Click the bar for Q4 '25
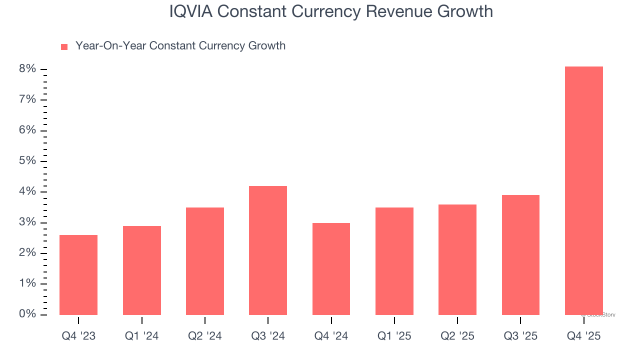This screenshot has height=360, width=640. [583, 190]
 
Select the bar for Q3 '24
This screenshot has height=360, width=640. [268, 250]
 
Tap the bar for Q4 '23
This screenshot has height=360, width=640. [78, 274]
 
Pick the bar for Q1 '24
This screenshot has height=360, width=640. [142, 270]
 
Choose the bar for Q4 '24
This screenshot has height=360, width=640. [331, 268]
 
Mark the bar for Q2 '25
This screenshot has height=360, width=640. [457, 259]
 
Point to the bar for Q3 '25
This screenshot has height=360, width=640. [520, 254]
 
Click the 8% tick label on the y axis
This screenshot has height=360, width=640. [28, 69]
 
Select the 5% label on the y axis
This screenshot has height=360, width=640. [28, 161]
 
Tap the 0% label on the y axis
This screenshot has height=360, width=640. [28, 314]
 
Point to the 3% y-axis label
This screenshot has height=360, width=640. [28, 222]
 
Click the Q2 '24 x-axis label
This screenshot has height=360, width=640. [205, 336]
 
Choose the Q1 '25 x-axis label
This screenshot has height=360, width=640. [394, 336]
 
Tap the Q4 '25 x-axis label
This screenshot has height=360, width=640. [583, 336]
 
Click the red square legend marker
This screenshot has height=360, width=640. [64, 47]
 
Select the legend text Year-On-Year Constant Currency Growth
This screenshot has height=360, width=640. [180, 46]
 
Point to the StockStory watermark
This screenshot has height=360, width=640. [598, 315]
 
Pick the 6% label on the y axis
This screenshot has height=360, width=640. [28, 130]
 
